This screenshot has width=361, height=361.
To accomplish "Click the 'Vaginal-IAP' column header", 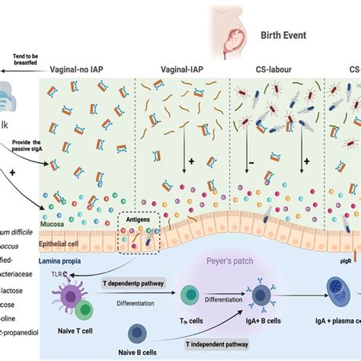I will (182, 68).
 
